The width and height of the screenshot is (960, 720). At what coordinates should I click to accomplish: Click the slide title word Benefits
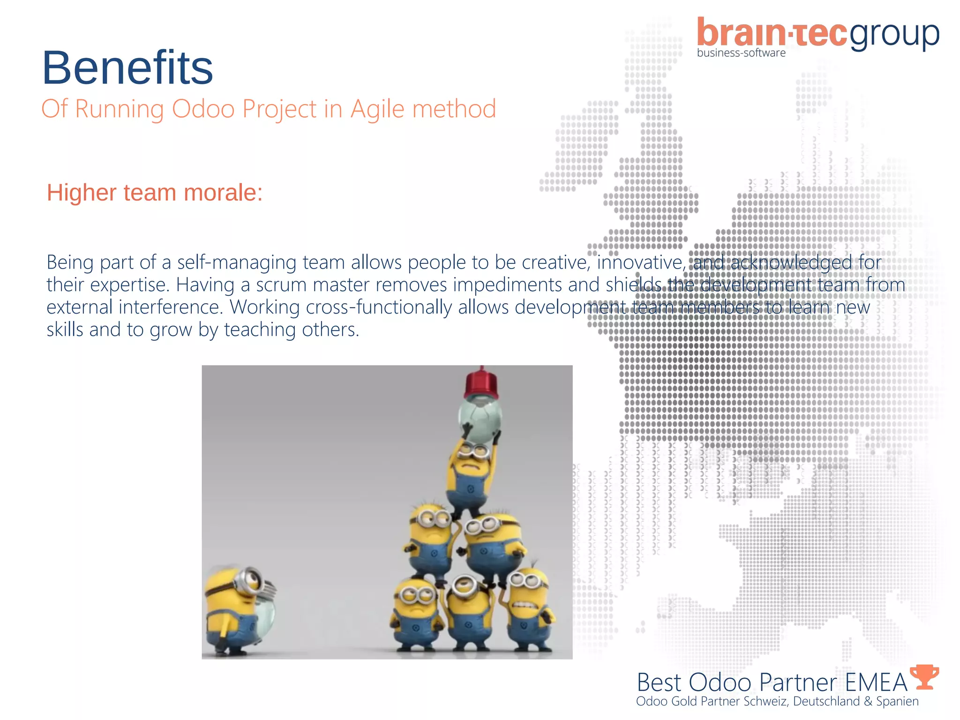[127, 68]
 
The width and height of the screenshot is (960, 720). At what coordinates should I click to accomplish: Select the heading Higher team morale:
[155, 193]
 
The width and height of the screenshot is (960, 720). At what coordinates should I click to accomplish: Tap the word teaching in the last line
[260, 330]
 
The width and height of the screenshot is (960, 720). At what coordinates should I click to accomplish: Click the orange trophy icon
[924, 677]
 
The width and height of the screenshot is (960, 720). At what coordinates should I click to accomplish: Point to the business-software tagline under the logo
[741, 53]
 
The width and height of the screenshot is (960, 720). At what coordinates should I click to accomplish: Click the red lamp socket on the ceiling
[481, 383]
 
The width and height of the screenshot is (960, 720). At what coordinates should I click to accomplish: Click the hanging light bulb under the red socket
[480, 417]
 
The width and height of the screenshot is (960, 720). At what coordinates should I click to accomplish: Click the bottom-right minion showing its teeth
[529, 609]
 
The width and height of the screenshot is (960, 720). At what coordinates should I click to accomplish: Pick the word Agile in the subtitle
[377, 109]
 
